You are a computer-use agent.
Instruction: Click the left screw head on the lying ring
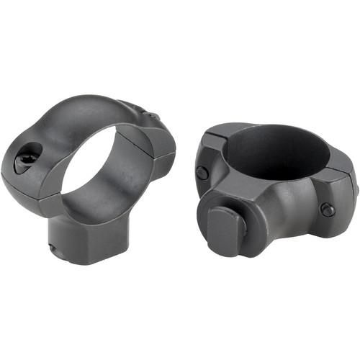[x=203, y=173]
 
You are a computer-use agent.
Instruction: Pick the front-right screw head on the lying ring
[x=328, y=210]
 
